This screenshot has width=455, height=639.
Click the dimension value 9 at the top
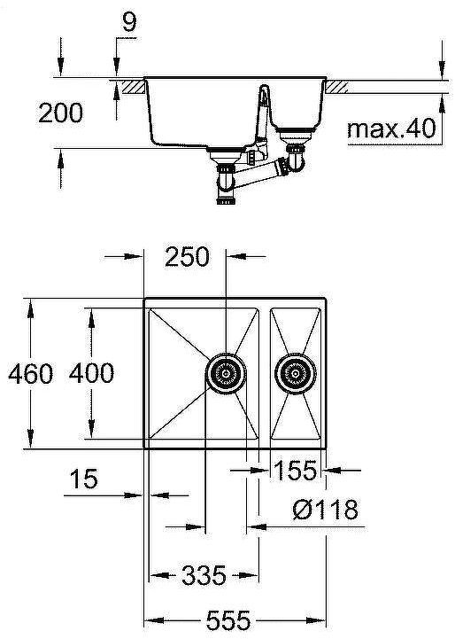point(129,22)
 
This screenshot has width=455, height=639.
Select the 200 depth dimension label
point(61,113)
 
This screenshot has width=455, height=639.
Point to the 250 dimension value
point(186,257)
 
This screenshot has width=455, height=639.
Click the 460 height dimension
point(30,373)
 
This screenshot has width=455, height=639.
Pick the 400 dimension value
point(91,373)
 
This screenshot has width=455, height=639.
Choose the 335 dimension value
point(204,576)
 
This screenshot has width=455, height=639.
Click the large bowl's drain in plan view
point(225,373)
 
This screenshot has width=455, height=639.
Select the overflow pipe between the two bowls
point(263,120)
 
